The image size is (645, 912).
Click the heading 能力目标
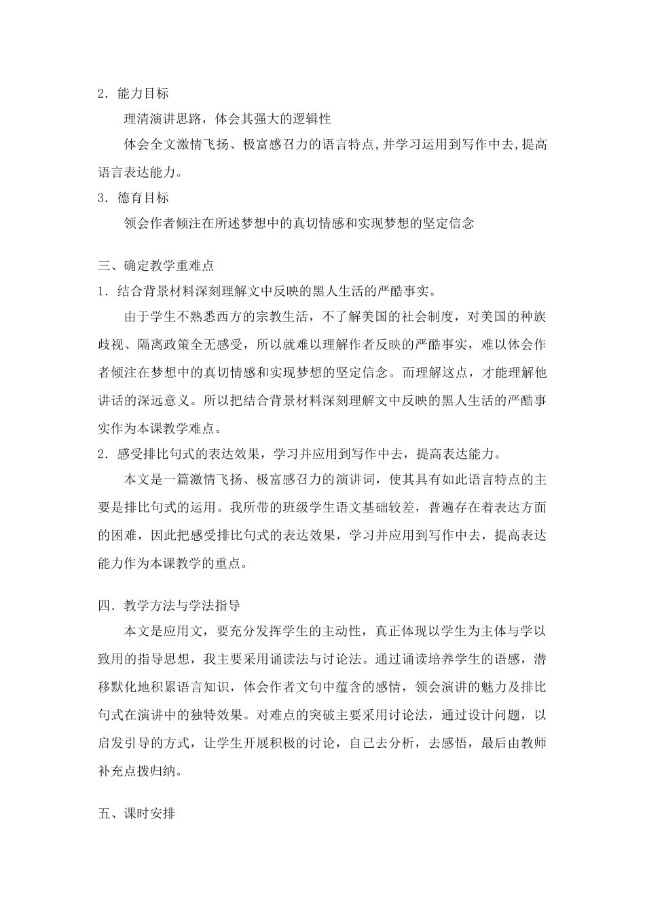click(x=143, y=93)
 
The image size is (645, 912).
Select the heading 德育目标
click(x=143, y=197)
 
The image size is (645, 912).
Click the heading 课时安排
click(x=149, y=812)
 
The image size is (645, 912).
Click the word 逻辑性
click(x=311, y=119)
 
